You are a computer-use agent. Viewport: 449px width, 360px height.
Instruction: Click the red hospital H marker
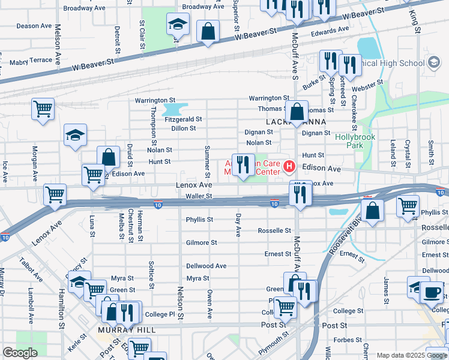(x=289, y=166)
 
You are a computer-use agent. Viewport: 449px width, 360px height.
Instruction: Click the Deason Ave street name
(x=34, y=26)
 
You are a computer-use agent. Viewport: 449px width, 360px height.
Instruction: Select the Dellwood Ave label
(x=206, y=266)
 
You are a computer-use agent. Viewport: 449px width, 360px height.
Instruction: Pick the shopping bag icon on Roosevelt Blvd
(x=372, y=211)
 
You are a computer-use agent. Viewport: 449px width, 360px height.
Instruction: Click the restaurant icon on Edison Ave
(x=243, y=164)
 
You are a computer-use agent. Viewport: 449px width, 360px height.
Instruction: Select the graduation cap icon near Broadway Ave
(x=177, y=24)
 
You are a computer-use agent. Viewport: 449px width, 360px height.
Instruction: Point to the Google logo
(x=20, y=353)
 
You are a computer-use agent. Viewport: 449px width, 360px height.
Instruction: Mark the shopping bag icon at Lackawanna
(x=297, y=111)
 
